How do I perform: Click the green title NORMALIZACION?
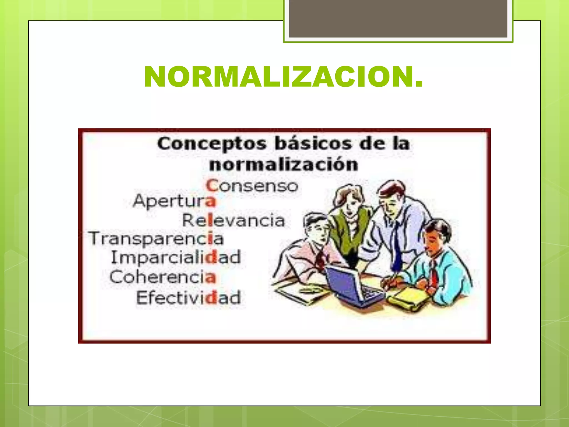(x=283, y=77)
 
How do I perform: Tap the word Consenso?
(x=252, y=186)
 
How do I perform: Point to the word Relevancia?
(x=233, y=220)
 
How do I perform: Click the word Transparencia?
(x=156, y=239)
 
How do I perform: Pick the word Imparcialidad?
(x=176, y=257)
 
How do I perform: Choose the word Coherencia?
(x=163, y=277)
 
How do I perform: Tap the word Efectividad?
(x=188, y=297)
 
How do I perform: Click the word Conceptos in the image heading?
(x=212, y=144)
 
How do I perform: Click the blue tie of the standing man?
(x=397, y=247)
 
